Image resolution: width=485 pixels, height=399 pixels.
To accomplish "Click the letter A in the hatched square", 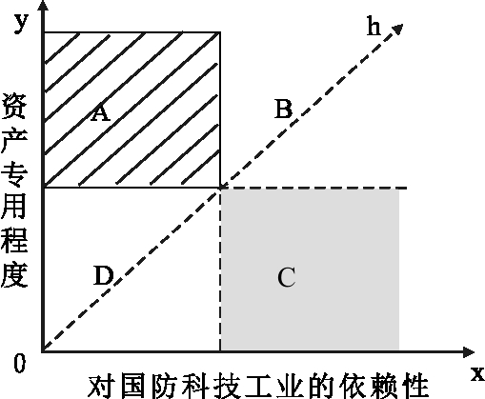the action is pyautogui.click(x=101, y=112).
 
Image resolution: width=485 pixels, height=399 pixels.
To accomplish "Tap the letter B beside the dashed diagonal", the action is pyautogui.click(x=283, y=109).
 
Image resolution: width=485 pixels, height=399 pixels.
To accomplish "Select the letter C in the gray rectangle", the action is pyautogui.click(x=287, y=277).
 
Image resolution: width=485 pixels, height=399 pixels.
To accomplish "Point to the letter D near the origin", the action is pyautogui.click(x=104, y=275).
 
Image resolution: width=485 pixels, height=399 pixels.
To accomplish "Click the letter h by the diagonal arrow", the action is pyautogui.click(x=374, y=26).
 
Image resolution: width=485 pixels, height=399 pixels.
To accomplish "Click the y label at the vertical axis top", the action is pyautogui.click(x=21, y=23).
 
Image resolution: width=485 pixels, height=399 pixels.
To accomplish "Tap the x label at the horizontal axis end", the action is pyautogui.click(x=477, y=374).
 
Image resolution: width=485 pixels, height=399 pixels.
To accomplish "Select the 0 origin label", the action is pyautogui.click(x=19, y=363).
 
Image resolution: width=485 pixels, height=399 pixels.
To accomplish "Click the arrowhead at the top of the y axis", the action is pyautogui.click(x=44, y=6).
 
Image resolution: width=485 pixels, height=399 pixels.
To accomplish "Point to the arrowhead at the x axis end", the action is pyautogui.click(x=469, y=352).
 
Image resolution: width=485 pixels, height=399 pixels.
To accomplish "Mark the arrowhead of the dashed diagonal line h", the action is pyautogui.click(x=397, y=29).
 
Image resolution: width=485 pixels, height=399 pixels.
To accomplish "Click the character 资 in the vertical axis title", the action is pyautogui.click(x=14, y=107).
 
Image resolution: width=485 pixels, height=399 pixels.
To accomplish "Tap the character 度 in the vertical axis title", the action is pyautogui.click(x=14, y=275).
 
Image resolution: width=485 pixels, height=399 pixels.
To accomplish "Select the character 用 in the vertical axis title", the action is pyautogui.click(x=14, y=207).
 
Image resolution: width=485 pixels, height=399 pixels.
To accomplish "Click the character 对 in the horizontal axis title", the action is pyautogui.click(x=99, y=387).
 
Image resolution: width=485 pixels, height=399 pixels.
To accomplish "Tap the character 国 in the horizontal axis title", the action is pyautogui.click(x=134, y=387).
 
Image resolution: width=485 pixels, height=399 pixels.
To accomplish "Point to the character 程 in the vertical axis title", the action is pyautogui.click(x=14, y=240).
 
